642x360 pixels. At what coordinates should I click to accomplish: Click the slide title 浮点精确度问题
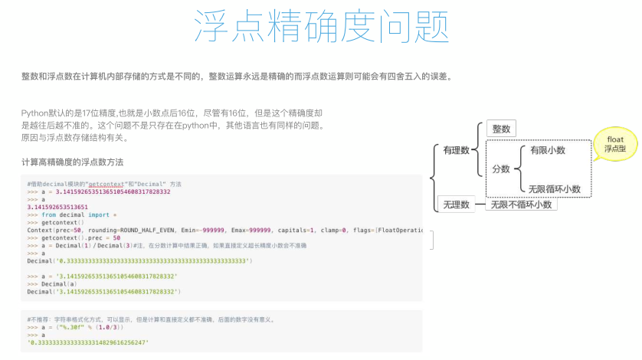320,28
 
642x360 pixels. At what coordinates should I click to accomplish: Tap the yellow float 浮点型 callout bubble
615,143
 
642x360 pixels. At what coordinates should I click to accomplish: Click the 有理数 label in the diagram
456,151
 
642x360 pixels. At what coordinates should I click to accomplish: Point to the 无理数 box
455,204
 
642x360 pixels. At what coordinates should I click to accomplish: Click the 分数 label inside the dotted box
501,169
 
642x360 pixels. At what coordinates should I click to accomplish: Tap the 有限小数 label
547,150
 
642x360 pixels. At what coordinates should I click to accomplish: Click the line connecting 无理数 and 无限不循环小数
482,204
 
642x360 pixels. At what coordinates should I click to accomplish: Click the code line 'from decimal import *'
74,214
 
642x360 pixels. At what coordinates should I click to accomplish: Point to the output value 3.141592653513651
57,207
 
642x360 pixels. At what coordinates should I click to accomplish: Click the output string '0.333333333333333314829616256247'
88,342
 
